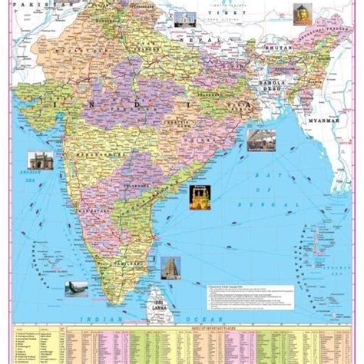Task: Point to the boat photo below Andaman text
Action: [76, 290]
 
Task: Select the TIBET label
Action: [244, 16]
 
